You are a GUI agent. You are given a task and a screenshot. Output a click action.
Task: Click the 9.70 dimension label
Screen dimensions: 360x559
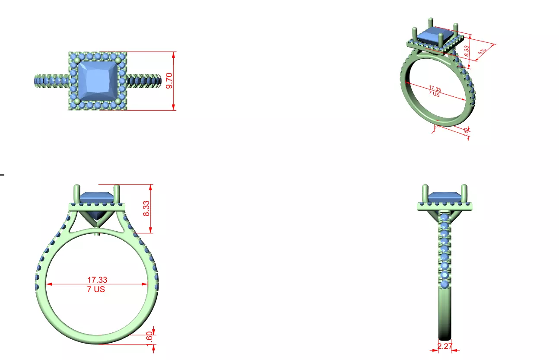[x=169, y=81]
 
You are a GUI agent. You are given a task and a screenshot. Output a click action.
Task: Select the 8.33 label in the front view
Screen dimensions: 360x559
[x=146, y=209]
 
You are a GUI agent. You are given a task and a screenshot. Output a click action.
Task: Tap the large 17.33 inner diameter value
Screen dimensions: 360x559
[x=97, y=280]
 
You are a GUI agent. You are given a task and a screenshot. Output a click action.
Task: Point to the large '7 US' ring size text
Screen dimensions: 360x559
[x=96, y=290]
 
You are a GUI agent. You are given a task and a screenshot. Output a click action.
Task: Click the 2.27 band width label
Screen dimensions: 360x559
[x=445, y=347]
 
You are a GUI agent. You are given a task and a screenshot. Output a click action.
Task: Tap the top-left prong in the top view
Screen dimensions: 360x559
[x=78, y=61]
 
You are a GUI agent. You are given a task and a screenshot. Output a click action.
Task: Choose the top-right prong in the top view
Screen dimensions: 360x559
[x=118, y=61]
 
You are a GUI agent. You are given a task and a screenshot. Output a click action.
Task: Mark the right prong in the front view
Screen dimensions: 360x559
[x=116, y=192]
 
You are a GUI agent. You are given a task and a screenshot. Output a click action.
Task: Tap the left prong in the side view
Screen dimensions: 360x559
[x=425, y=192]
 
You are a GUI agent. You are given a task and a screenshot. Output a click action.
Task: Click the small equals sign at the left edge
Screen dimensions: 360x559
[x=2, y=175]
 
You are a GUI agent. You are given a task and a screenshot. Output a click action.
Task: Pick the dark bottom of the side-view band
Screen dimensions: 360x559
[x=445, y=336]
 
